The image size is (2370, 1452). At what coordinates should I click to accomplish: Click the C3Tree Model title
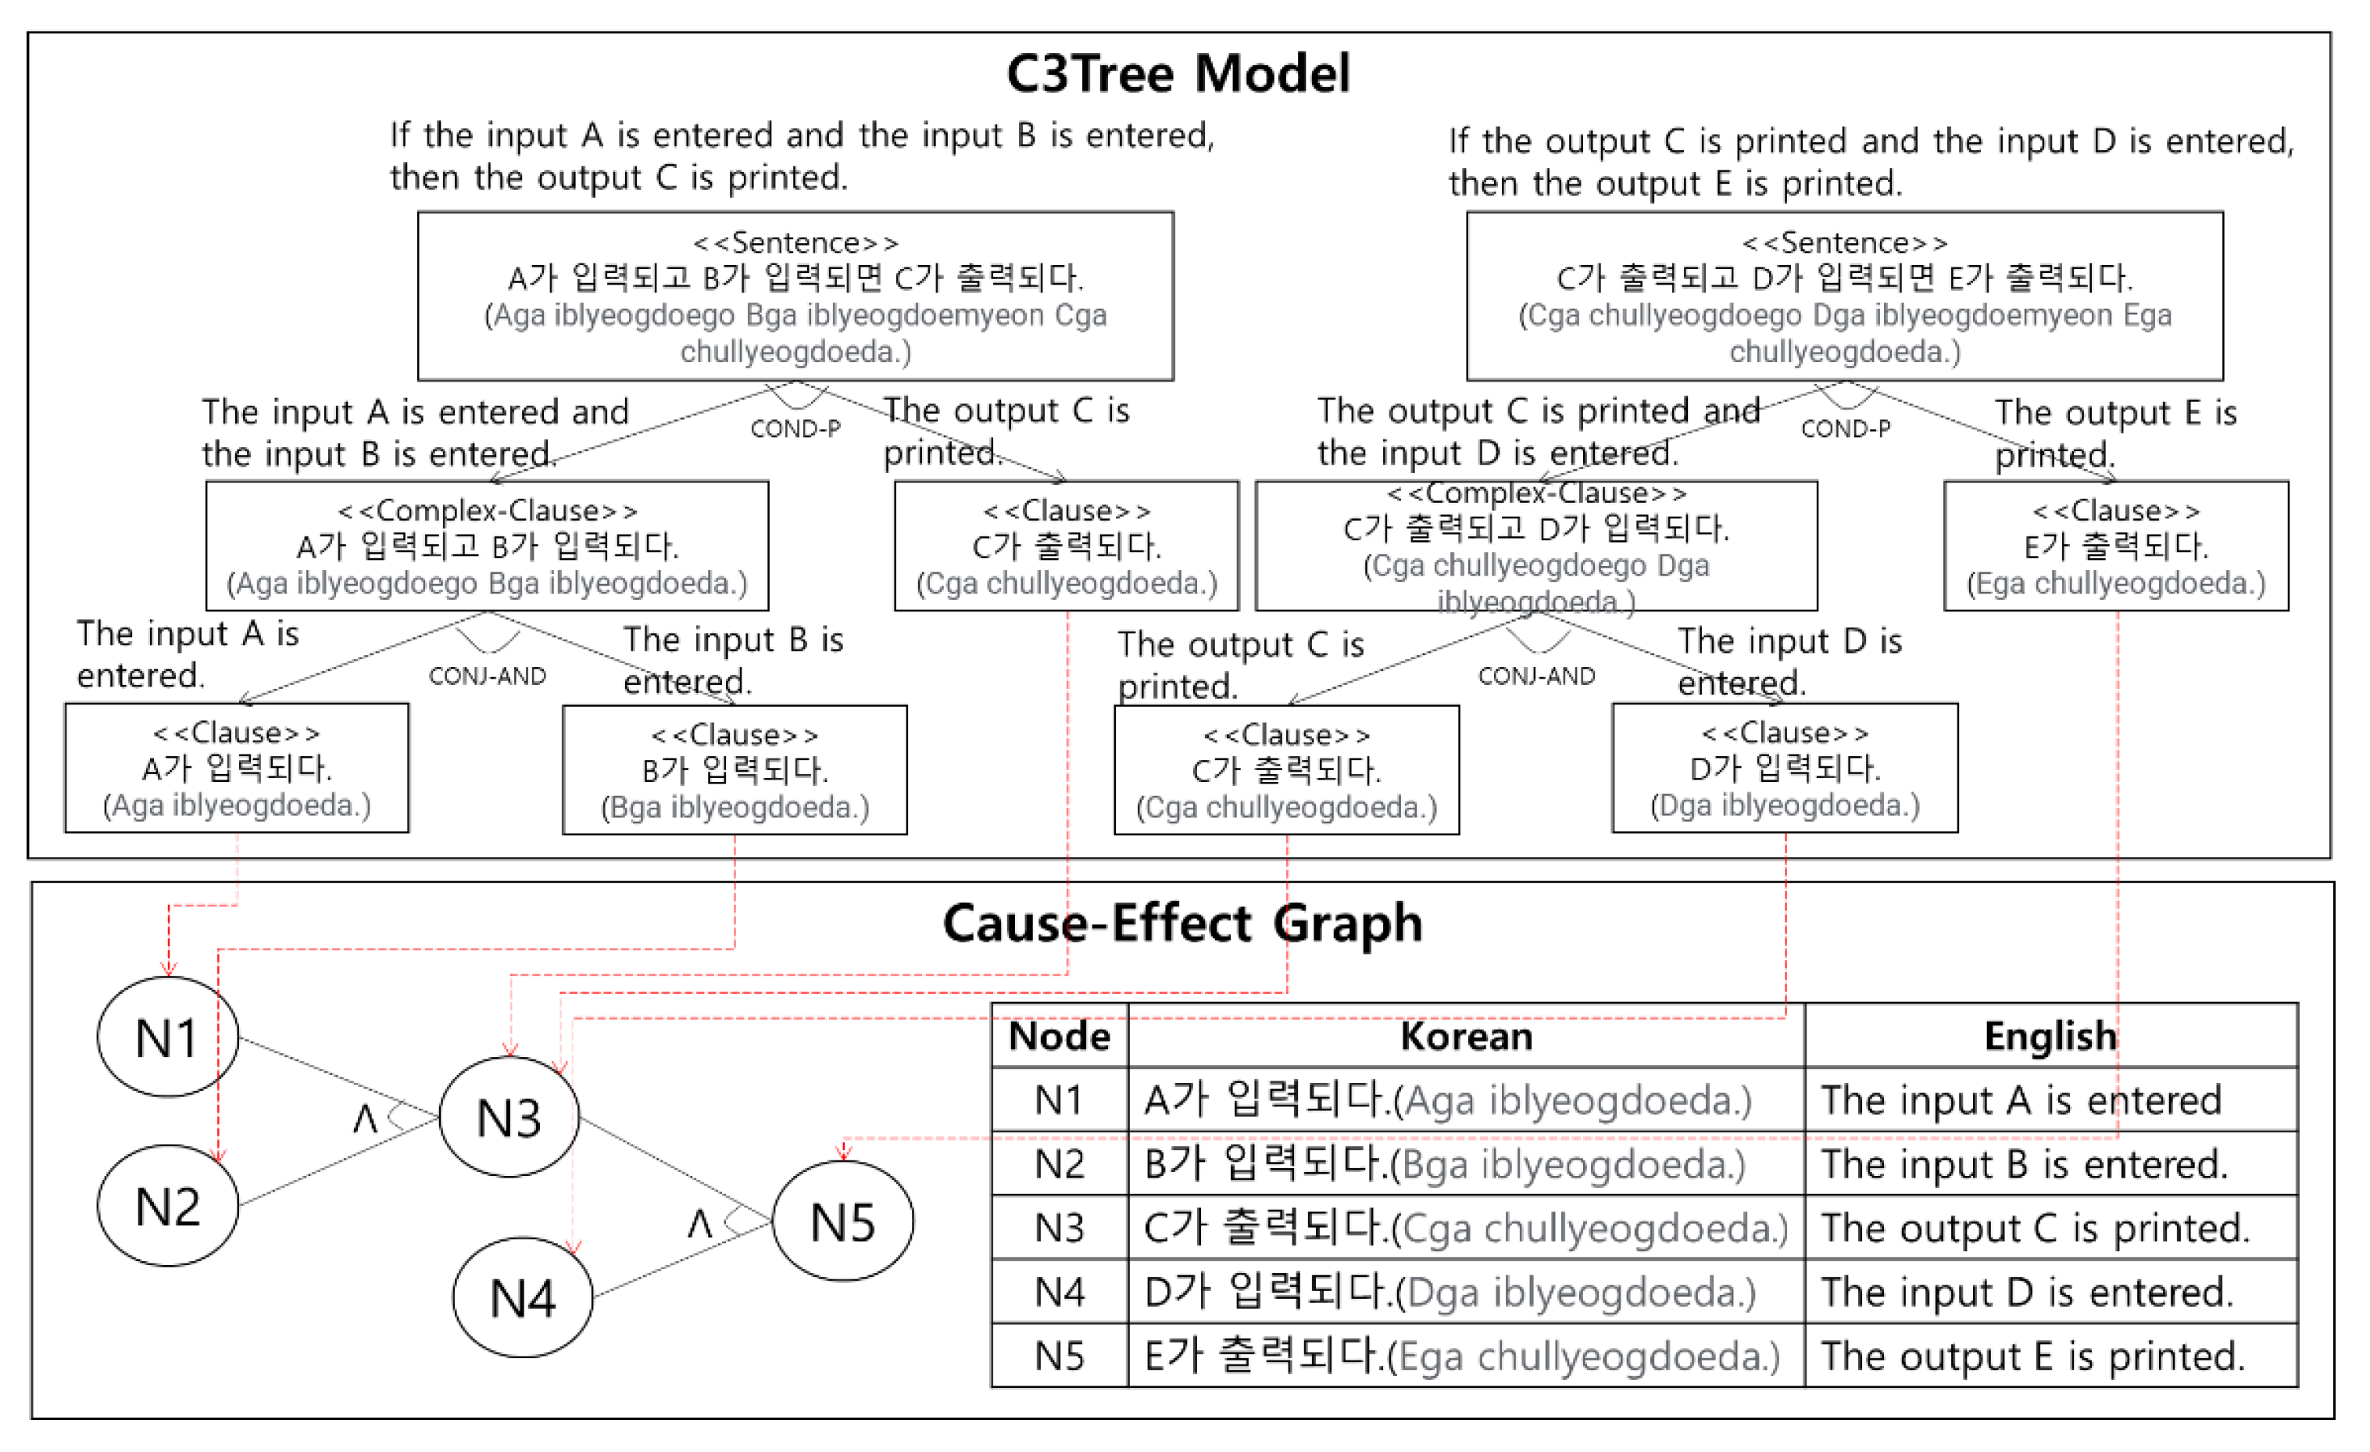pos(1178,73)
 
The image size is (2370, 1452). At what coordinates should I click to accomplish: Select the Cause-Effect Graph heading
pos(1182,923)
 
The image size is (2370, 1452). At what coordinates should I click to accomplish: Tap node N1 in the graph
pos(167,1038)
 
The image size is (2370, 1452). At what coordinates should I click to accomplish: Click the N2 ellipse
pos(167,1206)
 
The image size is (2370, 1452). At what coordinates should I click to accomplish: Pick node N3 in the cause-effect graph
pos(509,1117)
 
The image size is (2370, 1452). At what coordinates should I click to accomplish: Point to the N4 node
pos(522,1297)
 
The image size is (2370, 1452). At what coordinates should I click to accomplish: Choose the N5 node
pos(842,1222)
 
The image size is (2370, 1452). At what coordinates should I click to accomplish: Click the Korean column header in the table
pos(1465,1036)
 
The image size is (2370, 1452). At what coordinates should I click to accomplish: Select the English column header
pos(2050,1036)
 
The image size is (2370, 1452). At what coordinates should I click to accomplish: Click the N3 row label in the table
pos(1059,1228)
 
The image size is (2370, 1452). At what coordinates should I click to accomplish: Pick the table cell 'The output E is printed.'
pos(2032,1356)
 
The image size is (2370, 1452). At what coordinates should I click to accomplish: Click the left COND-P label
pos(795,428)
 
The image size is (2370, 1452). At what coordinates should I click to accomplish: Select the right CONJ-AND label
pos(1536,676)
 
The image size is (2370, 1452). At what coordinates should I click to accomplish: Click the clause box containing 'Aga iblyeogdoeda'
pos(237,768)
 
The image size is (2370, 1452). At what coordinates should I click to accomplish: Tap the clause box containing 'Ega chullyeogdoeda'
pos(2115,546)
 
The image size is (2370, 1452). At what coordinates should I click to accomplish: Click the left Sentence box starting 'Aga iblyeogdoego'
pos(795,296)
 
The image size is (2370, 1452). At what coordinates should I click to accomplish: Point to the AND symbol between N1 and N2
pos(365,1118)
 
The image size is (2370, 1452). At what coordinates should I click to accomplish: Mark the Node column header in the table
pos(1059,1036)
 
